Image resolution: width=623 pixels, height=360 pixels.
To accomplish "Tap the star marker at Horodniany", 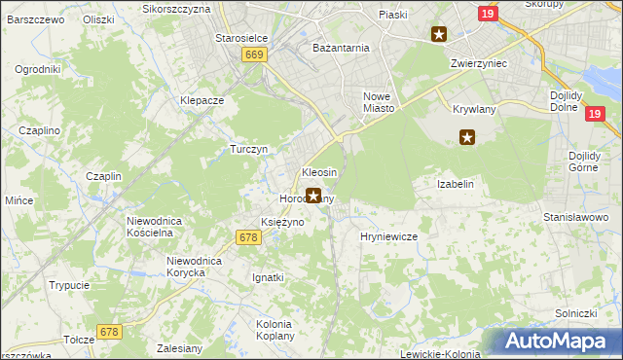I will pos(312,196).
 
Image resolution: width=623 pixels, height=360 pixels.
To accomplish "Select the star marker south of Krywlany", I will pos(467,137).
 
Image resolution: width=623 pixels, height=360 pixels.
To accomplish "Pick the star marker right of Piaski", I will pos(439,35).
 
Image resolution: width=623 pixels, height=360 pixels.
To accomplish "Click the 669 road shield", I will pos(255,55).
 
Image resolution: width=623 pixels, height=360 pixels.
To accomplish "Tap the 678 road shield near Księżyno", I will pos(248,237).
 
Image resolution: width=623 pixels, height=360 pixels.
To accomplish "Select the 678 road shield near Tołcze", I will pos(109,333).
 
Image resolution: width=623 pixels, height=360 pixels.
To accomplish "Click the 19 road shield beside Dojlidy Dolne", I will pos(597,114).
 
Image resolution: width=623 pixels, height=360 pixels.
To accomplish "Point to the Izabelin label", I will pos(456,183).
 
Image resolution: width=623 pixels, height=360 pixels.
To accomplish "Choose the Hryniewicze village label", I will pos(388,236).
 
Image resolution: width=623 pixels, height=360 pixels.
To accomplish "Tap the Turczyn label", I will pos(248,149).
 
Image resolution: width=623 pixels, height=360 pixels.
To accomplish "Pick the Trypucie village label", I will pos(70,285).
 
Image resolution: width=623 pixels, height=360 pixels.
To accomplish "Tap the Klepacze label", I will pos(202,100).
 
